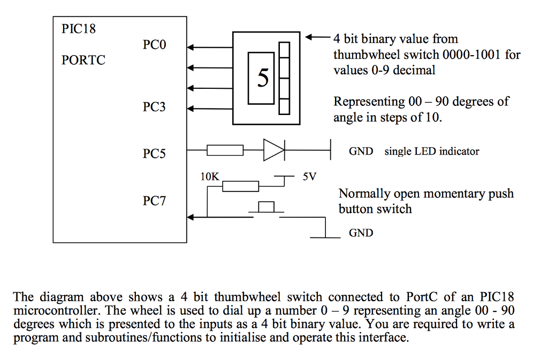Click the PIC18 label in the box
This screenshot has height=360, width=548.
click(79, 29)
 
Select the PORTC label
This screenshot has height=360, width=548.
click(83, 60)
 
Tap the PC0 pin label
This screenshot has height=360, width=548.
click(154, 45)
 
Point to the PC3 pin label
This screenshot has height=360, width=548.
click(154, 107)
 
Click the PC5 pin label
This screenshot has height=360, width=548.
click(154, 154)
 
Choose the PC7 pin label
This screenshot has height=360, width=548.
click(154, 202)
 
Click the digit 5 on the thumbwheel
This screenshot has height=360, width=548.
click(263, 78)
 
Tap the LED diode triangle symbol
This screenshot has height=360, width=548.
click(273, 151)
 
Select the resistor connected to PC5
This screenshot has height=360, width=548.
click(225, 151)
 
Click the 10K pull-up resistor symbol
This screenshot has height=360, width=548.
click(240, 186)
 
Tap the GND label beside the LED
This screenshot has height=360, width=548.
click(361, 151)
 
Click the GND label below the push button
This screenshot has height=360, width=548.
click(361, 233)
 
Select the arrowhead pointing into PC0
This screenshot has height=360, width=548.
click(191, 48)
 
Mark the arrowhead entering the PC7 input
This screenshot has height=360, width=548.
click(191, 217)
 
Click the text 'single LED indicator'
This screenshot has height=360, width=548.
click(431, 151)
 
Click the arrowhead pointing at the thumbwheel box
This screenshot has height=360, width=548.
click(310, 38)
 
